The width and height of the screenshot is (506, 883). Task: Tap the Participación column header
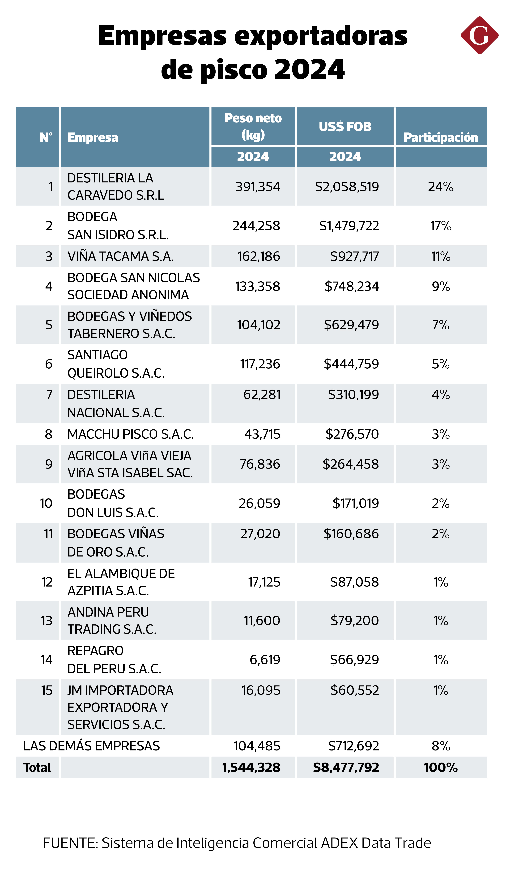pyautogui.click(x=441, y=137)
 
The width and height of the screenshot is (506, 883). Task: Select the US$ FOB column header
pyautogui.click(x=345, y=127)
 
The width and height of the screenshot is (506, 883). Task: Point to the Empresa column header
pyautogui.click(x=93, y=137)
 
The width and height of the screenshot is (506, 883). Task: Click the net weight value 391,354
pyautogui.click(x=258, y=187)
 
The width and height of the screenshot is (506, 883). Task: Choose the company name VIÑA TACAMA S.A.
pyautogui.click(x=120, y=256)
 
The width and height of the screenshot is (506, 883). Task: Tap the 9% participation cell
pyautogui.click(x=441, y=286)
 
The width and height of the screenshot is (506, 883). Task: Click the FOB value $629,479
pyautogui.click(x=351, y=325)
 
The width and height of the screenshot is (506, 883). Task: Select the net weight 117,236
pyautogui.click(x=260, y=364)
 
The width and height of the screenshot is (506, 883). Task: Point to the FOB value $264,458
pyautogui.click(x=351, y=464)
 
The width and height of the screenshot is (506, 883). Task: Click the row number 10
pyautogui.click(x=46, y=503)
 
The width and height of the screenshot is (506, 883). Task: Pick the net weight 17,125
pyautogui.click(x=264, y=582)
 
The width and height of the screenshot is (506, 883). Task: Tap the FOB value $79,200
pyautogui.click(x=354, y=621)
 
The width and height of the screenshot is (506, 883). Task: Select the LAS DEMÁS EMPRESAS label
pyautogui.click(x=91, y=746)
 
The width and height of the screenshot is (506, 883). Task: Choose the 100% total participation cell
pyautogui.click(x=441, y=768)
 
